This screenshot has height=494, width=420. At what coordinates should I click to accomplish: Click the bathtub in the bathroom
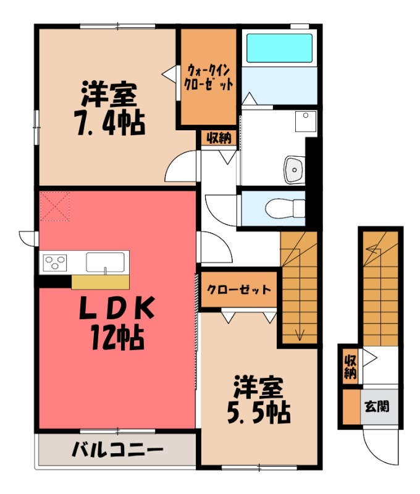click(x=279, y=48)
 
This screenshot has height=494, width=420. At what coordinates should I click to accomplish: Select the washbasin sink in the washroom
click(x=293, y=169)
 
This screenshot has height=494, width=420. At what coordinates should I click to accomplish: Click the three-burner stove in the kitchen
click(x=54, y=262)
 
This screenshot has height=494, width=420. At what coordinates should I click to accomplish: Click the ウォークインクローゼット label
click(x=209, y=77)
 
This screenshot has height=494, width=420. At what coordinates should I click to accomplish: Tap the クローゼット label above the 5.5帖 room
click(x=238, y=290)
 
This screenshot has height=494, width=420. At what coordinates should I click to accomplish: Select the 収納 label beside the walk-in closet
click(x=218, y=138)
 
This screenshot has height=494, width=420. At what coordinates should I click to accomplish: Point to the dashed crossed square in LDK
click(x=55, y=206)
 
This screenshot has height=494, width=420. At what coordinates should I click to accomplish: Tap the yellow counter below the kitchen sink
click(x=100, y=282)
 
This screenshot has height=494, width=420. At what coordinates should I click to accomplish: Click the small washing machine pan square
click(x=305, y=121)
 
